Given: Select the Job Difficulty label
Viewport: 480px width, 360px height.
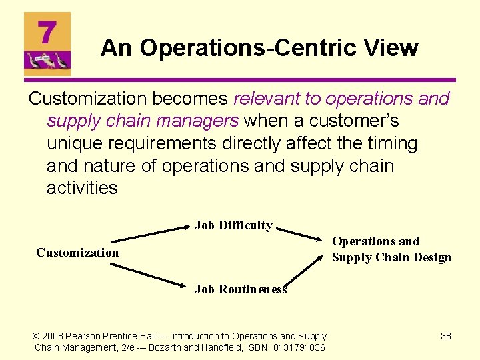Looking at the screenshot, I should pyautogui.click(x=233, y=225).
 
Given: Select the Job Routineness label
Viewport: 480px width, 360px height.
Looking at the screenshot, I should pyautogui.click(x=240, y=289).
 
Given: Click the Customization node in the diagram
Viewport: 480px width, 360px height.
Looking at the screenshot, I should pyautogui.click(x=77, y=252).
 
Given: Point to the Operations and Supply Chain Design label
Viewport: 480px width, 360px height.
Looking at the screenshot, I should pyautogui.click(x=391, y=249).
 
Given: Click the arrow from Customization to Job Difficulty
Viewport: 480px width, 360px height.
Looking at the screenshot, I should pyautogui.click(x=149, y=233).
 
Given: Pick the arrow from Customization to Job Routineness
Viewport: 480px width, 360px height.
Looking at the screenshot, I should pyautogui.click(x=149, y=275).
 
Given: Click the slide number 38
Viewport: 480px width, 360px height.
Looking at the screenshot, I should pyautogui.click(x=446, y=336).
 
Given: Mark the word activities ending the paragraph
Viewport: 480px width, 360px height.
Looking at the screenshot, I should pyautogui.click(x=82, y=188).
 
